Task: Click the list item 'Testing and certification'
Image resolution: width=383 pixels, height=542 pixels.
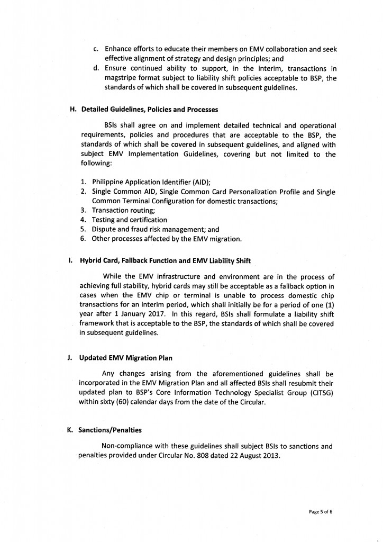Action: [130, 220]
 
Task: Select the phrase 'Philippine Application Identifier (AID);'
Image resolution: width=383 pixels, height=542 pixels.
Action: [151, 182]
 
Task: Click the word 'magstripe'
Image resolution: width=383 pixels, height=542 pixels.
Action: [123, 78]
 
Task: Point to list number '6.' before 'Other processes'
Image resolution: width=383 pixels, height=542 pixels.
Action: [84, 239]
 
